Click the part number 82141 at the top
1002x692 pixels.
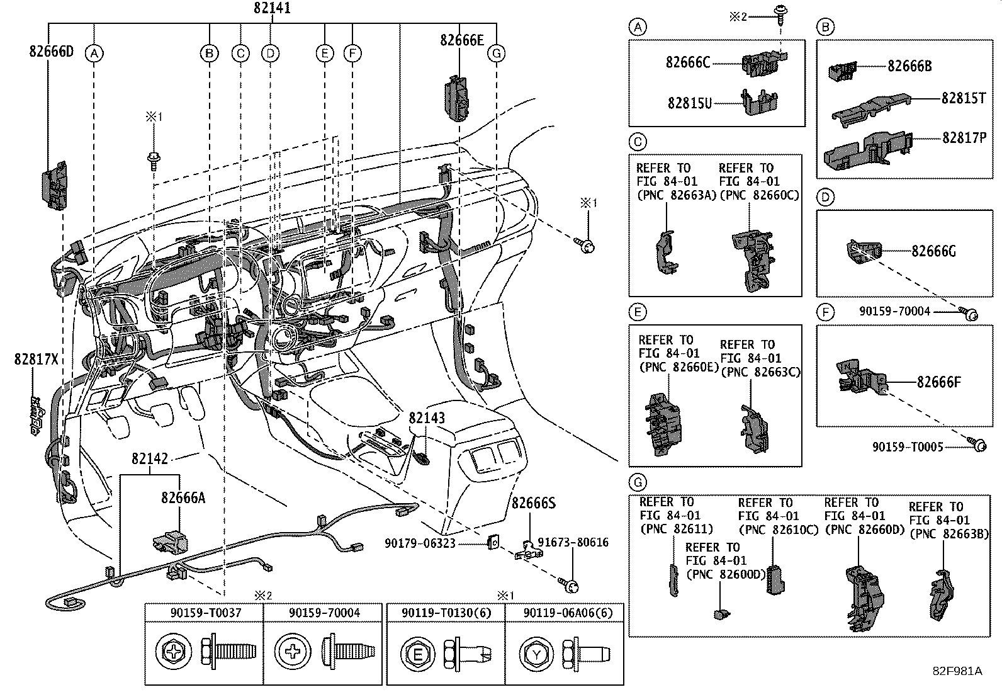click(x=272, y=9)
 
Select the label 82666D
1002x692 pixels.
click(x=51, y=52)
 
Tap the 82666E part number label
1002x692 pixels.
click(x=461, y=40)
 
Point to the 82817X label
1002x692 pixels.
click(x=36, y=359)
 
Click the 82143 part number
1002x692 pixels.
click(x=426, y=418)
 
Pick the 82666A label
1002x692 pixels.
click(x=183, y=498)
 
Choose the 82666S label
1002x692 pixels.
click(x=533, y=504)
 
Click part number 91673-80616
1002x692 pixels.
click(x=577, y=543)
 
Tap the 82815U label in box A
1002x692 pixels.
click(x=689, y=103)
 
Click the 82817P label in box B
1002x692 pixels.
click(x=964, y=138)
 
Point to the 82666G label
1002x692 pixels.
click(x=933, y=251)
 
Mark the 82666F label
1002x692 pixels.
click(x=938, y=382)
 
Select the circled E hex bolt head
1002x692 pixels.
click(x=417, y=655)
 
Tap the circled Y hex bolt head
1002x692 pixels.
click(x=536, y=655)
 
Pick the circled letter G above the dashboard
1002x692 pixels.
click(x=497, y=54)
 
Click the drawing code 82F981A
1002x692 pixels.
click(x=957, y=671)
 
